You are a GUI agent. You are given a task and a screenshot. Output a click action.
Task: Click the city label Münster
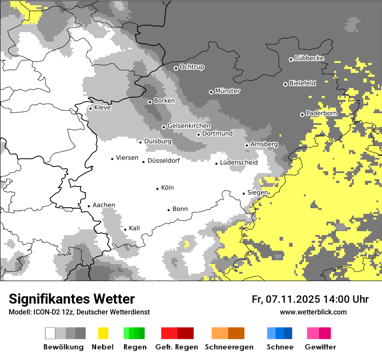(x=227, y=91)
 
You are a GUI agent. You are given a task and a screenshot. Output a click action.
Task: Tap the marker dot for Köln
(x=158, y=189)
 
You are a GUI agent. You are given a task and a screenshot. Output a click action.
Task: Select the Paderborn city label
(x=322, y=114)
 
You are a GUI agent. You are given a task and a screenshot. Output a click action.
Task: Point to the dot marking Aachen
(x=89, y=206)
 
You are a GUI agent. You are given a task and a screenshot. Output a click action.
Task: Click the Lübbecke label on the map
(x=310, y=58)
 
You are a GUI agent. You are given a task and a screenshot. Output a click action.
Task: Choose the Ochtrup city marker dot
(x=176, y=68)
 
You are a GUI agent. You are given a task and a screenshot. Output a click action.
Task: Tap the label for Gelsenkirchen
(x=189, y=126)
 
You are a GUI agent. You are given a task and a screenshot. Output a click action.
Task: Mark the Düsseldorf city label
(x=164, y=160)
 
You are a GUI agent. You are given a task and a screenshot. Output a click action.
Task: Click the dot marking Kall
(x=125, y=229)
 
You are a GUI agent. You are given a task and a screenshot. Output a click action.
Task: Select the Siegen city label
(x=257, y=193)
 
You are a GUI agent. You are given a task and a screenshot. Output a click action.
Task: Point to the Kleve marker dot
(x=90, y=108)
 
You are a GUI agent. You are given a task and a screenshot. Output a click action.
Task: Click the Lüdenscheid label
(x=239, y=163)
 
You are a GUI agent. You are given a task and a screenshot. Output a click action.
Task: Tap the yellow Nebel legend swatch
(x=103, y=333)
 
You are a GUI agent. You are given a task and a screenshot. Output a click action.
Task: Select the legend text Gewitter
(x=320, y=347)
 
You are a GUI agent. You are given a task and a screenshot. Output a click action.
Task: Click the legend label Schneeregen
(x=229, y=347)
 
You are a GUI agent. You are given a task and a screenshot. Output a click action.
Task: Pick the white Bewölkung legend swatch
(x=50, y=333)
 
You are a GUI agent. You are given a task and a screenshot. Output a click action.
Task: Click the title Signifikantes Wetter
(x=72, y=299)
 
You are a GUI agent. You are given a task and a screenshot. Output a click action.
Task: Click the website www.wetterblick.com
(x=313, y=312)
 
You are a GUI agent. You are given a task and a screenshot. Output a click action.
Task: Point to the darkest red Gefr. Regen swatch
(x=186, y=333)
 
